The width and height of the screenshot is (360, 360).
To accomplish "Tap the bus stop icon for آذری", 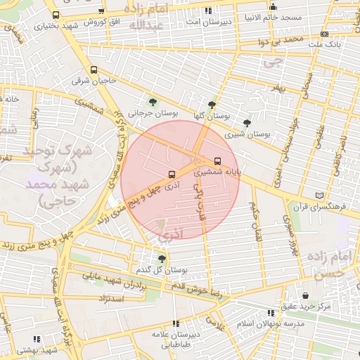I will pyautogui.click(x=172, y=174).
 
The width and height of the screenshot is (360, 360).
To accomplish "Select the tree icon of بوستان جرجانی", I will pyautogui.click(x=153, y=103).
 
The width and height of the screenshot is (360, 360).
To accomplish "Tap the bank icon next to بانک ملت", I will pyautogui.click(x=324, y=34).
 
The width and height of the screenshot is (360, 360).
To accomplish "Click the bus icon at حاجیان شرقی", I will pyautogui.click(x=94, y=70).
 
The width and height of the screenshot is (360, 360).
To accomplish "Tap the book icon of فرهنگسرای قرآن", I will pyautogui.click(x=321, y=195).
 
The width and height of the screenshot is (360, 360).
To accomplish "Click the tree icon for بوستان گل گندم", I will pyautogui.click(x=162, y=259).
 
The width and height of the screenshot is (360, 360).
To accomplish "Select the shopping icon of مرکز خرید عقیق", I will pyautogui.click(x=305, y=295).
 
